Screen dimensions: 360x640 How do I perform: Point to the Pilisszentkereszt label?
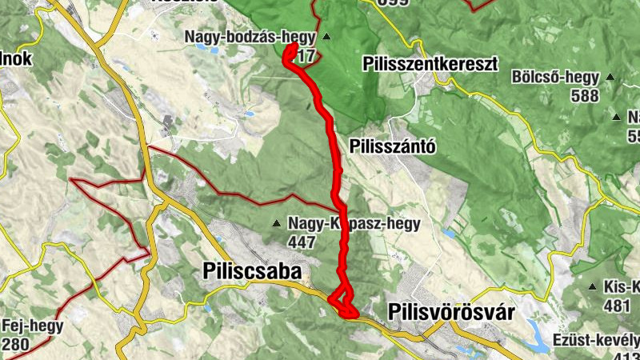click(x=430, y=63)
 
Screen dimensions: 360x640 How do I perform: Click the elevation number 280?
click(x=17, y=344)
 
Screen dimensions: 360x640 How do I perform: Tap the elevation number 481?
click(x=617, y=306)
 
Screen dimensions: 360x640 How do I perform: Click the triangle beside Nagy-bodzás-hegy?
click(x=327, y=37)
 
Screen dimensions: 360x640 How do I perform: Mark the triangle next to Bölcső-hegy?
click(x=610, y=78)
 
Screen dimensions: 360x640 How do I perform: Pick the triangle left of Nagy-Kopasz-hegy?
click(x=277, y=223)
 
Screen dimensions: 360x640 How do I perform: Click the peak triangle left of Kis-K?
click(x=592, y=286)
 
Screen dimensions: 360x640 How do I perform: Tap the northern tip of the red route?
click(x=290, y=47)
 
